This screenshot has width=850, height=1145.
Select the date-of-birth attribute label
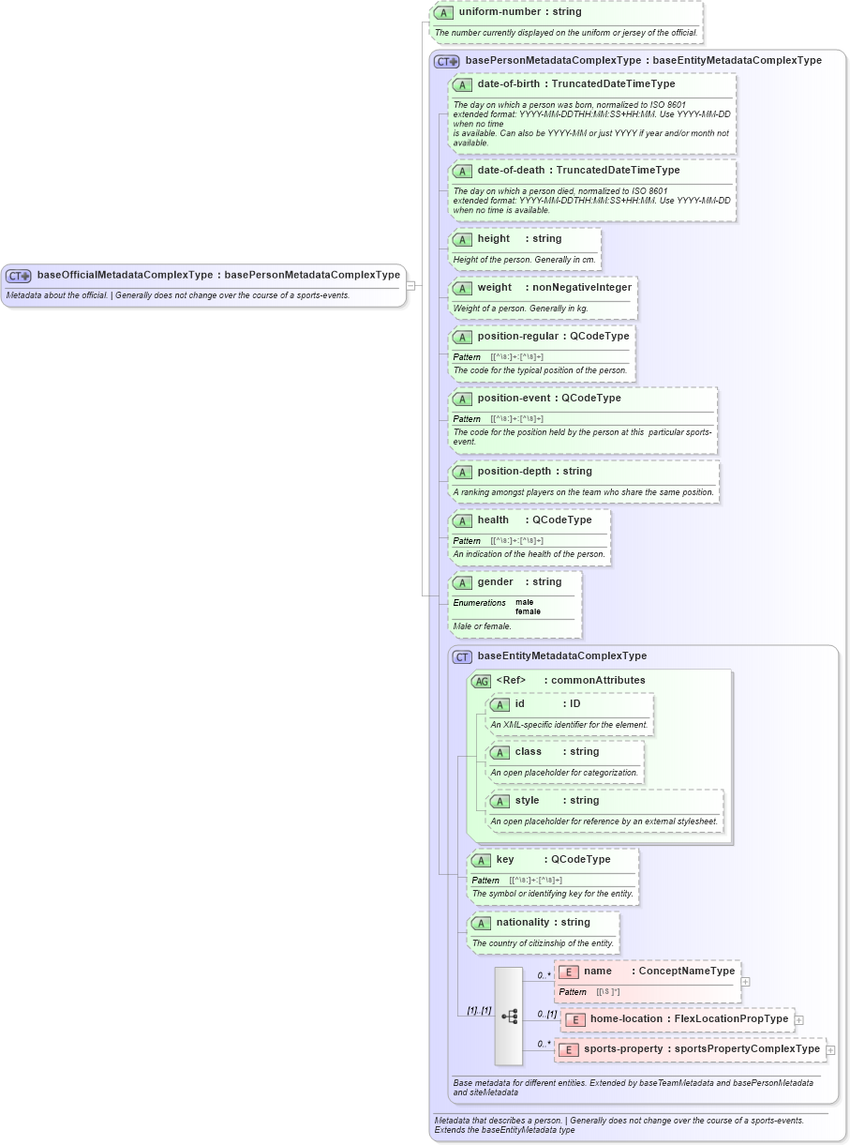coord(508,83)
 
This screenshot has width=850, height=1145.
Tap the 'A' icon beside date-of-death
coord(462,171)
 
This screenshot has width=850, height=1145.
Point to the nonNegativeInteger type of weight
coord(582,287)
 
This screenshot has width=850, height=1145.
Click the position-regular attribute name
coord(517,336)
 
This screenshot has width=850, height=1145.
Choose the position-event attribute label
coord(514,398)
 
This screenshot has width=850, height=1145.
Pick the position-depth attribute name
coord(514,471)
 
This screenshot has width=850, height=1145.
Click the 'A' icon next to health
coord(462,520)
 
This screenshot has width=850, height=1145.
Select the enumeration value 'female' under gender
coord(528,611)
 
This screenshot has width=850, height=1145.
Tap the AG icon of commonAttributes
coord(481,681)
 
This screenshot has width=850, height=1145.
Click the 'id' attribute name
coord(520,703)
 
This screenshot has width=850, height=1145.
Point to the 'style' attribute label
coord(527,800)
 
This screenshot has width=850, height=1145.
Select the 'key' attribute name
coord(505,859)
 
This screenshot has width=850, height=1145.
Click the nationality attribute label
coord(522,922)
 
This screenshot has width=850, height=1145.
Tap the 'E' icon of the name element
coord(568,972)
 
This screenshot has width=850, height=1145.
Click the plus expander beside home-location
coord(798,1019)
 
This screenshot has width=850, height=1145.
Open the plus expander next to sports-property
coord(829,1050)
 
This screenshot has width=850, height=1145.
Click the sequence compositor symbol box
coord(509,1016)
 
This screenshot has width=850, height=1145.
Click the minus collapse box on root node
coord(410,285)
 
